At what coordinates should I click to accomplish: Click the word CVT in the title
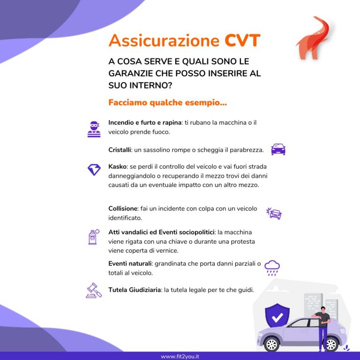click(x=242, y=41)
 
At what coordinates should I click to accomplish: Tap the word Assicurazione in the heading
click(x=164, y=41)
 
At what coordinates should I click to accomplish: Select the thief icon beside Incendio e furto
click(x=94, y=128)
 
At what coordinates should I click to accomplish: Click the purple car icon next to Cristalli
click(x=278, y=150)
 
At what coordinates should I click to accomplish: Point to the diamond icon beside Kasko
click(x=94, y=169)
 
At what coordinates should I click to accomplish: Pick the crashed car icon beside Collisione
click(x=274, y=214)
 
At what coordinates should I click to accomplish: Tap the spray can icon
click(x=94, y=237)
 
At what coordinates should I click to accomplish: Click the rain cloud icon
click(x=272, y=268)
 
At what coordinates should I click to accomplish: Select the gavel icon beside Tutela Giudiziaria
click(x=94, y=290)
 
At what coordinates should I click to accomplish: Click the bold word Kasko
click(x=117, y=166)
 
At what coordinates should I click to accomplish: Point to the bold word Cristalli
click(x=120, y=150)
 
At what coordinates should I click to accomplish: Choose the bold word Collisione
click(x=123, y=209)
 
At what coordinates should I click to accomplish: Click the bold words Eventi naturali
click(x=130, y=263)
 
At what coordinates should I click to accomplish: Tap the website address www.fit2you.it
click(x=180, y=356)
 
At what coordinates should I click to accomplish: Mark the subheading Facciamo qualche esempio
click(x=167, y=102)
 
